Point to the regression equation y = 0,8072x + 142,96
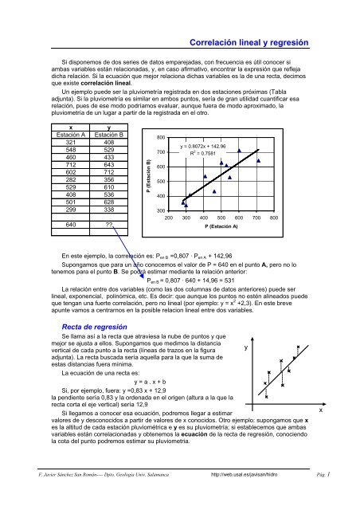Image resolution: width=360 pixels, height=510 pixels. [x=203, y=147]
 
